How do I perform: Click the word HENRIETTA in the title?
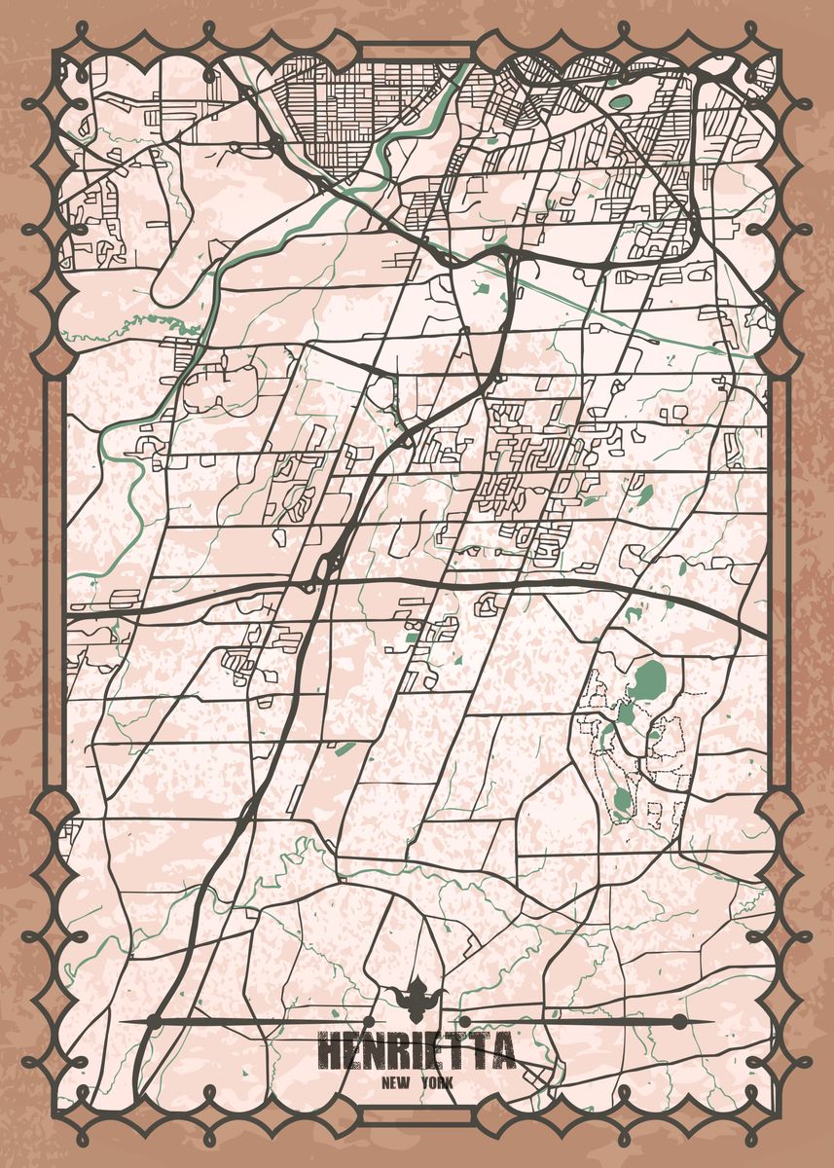click(417, 1052)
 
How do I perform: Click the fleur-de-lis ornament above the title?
click(417, 998)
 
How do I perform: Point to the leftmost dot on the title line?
click(153, 1021)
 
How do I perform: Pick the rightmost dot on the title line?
click(678, 1021)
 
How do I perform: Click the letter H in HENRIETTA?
click(330, 1052)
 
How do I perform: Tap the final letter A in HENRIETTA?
click(502, 1052)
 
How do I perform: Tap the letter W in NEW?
click(404, 1081)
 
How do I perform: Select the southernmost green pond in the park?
click(623, 801)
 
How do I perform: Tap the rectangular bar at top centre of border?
click(417, 52)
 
